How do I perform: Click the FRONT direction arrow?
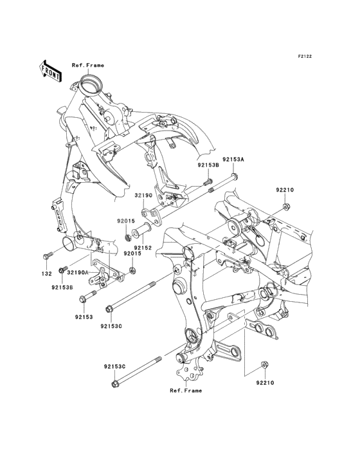[x=50, y=71]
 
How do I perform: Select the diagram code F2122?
[x=305, y=56]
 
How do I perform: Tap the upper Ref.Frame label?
[x=88, y=65]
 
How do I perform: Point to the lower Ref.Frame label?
[x=186, y=391]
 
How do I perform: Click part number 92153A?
[x=233, y=160]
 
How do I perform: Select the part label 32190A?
[x=78, y=272]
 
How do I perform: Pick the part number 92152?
[x=143, y=248]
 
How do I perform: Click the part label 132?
[x=46, y=274]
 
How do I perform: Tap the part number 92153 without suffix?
[x=84, y=317]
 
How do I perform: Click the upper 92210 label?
[x=285, y=190]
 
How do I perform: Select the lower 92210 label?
[x=265, y=383]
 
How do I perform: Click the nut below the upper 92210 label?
[x=286, y=207]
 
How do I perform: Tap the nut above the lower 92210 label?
[x=264, y=365]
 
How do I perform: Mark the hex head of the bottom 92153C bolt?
[x=115, y=384]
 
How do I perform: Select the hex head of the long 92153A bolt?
[x=235, y=176]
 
